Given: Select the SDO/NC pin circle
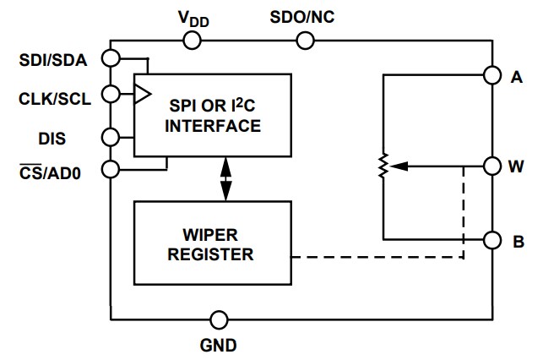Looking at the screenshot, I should (306, 40).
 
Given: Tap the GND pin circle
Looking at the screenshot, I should (220, 319).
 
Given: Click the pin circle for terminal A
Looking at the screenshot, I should (491, 75).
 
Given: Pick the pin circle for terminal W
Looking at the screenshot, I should (491, 166).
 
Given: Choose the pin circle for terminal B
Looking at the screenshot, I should (491, 240).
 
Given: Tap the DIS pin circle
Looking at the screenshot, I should (111, 137).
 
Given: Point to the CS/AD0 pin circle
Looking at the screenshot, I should (111, 169).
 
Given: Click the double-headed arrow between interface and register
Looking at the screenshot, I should (225, 178).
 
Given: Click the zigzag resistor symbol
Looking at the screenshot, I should (383, 166).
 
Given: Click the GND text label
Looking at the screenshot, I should (220, 345).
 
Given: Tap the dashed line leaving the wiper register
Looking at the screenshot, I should (380, 257).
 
